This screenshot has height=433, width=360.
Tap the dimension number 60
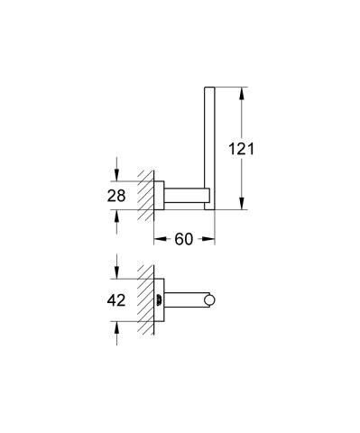point(184,239)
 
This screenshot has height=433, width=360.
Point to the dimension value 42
point(115,300)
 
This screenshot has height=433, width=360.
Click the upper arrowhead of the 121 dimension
point(242,91)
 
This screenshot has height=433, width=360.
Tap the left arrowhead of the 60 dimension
point(159,239)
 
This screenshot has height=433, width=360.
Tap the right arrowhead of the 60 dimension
point(210,239)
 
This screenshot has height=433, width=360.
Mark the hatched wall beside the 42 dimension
point(143,300)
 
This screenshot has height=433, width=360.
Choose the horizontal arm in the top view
point(186,300)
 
